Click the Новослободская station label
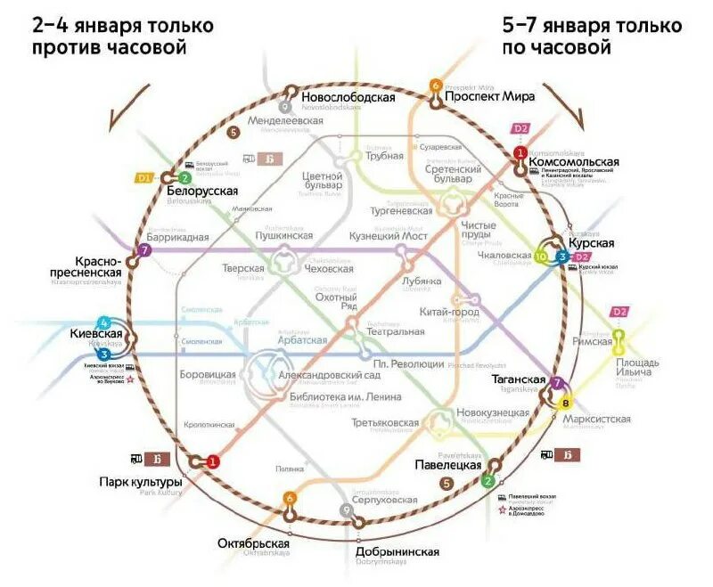point(348,97)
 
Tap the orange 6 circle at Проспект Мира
point(436,86)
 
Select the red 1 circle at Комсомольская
point(520,153)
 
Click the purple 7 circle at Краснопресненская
point(144,251)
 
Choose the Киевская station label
point(94,334)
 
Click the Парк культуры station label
point(141,483)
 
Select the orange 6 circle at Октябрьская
point(289,498)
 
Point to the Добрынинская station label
point(397,552)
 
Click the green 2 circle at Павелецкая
point(488,481)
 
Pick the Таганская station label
point(518,379)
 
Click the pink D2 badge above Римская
point(618,312)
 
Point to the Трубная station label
point(385,156)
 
